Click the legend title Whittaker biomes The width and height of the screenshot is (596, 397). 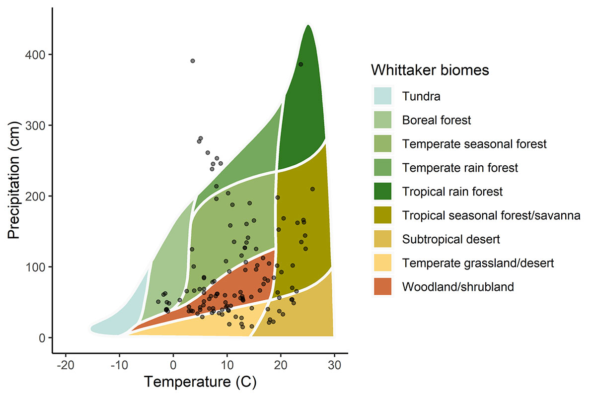click(x=430, y=70)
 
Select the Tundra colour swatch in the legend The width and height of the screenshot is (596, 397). click(x=383, y=96)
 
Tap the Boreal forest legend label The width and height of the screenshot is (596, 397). click(x=437, y=120)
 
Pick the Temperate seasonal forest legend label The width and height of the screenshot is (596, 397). click(x=474, y=144)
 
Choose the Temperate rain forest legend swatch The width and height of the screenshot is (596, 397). click(x=383, y=168)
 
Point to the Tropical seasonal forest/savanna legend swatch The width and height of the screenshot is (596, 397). click(x=383, y=215)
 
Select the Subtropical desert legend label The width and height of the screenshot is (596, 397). click(x=451, y=239)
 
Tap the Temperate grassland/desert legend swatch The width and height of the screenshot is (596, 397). click(x=383, y=263)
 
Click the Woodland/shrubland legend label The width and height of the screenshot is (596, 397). click(x=458, y=287)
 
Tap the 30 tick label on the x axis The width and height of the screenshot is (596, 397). click(x=334, y=364)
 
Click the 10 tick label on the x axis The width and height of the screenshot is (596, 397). click(x=227, y=364)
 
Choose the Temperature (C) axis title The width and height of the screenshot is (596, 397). click(x=200, y=382)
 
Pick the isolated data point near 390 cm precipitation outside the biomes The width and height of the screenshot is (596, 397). click(x=193, y=61)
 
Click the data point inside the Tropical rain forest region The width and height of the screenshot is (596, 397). click(x=300, y=65)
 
